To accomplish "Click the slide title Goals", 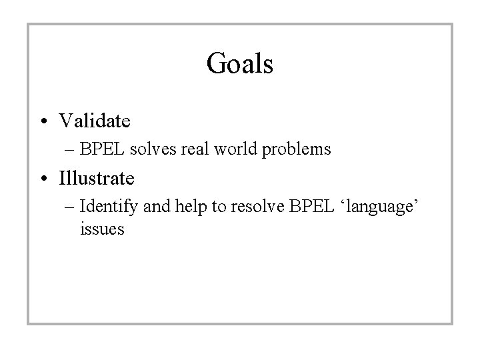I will (x=240, y=64).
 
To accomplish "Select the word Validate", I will (x=95, y=121).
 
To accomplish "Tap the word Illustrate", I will (x=97, y=179).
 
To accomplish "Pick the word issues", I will (x=101, y=230).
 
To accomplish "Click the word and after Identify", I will (x=157, y=207).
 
